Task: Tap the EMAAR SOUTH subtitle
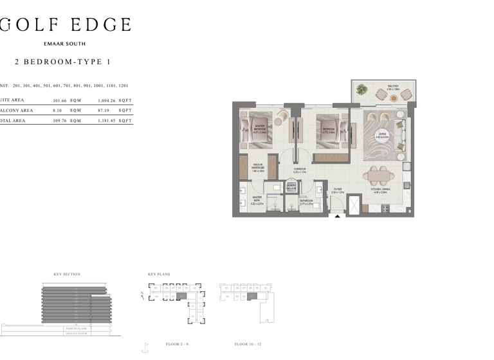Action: coord(64,44)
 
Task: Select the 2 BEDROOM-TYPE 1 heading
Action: coord(62,62)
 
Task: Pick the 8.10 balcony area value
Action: coord(57,111)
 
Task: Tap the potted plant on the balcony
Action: coord(361,90)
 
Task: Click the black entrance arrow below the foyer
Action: coord(337,217)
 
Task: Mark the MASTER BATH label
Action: coord(257,199)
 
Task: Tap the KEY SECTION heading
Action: coord(67,274)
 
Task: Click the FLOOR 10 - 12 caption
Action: coord(248,345)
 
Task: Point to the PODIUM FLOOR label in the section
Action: coord(77,328)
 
